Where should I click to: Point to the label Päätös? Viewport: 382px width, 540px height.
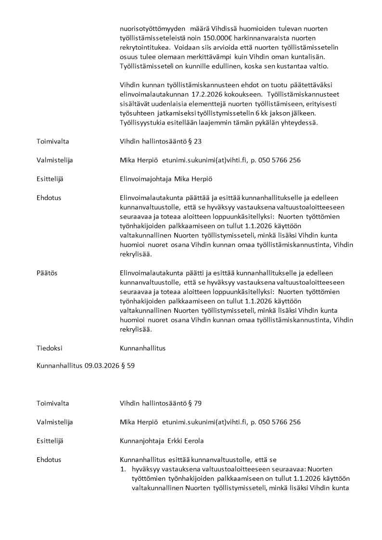point(47,273)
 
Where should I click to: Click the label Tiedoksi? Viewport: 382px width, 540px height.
point(49,347)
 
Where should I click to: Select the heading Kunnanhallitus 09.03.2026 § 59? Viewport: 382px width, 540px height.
point(86,366)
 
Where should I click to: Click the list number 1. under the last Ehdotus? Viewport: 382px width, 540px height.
point(123,469)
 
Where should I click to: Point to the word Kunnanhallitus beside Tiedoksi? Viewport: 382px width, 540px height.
point(142,347)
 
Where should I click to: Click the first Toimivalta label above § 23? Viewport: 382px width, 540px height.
point(53,141)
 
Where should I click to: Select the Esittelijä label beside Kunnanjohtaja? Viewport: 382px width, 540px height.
point(50,441)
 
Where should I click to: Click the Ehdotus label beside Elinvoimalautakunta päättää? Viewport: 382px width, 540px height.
point(49,198)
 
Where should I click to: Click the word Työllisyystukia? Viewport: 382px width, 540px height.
point(142,123)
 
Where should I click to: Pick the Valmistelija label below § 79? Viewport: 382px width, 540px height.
point(54,422)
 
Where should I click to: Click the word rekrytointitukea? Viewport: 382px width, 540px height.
point(144,47)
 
